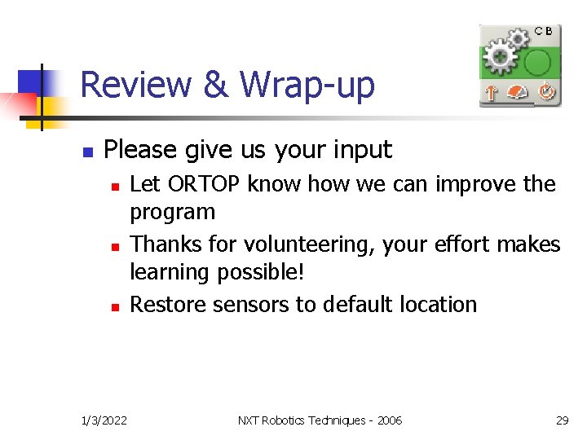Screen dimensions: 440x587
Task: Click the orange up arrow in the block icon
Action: click(x=491, y=93)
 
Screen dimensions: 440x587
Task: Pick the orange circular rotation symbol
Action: click(x=545, y=93)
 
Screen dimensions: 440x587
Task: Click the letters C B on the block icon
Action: click(x=544, y=31)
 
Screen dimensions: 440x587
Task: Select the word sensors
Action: click(x=236, y=305)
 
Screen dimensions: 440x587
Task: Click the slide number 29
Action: click(x=562, y=420)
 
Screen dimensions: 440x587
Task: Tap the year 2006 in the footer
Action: click(x=389, y=420)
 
